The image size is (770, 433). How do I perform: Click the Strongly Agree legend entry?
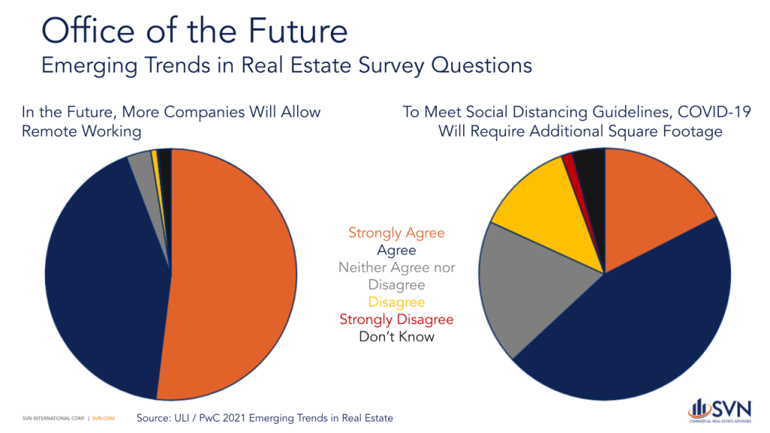[x=396, y=233]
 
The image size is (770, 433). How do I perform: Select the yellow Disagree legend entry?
[x=396, y=302]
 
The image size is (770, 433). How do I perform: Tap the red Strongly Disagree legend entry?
[x=396, y=319]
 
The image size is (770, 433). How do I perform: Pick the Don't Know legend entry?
[x=396, y=337]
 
